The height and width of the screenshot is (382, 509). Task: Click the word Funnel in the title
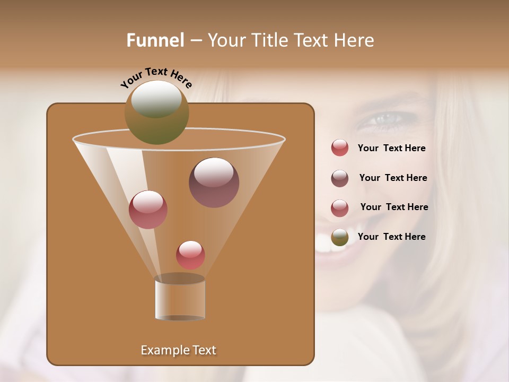(155, 40)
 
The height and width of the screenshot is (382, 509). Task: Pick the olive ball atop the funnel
(157, 112)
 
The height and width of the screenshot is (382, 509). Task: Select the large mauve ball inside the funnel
(214, 183)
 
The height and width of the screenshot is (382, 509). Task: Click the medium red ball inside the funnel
(148, 210)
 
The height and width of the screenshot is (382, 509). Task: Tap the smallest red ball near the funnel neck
(190, 255)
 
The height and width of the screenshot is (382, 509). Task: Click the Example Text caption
(179, 350)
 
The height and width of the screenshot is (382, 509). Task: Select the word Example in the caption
(160, 350)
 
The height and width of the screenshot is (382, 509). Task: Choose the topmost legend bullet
(340, 148)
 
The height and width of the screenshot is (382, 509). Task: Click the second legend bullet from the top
(340, 178)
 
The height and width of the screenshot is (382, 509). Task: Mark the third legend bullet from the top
(340, 208)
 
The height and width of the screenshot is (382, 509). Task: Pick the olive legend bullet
(340, 237)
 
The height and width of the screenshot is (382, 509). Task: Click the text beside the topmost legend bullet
(391, 148)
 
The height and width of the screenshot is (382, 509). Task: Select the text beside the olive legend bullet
(391, 237)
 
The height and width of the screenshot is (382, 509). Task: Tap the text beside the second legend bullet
(393, 178)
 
